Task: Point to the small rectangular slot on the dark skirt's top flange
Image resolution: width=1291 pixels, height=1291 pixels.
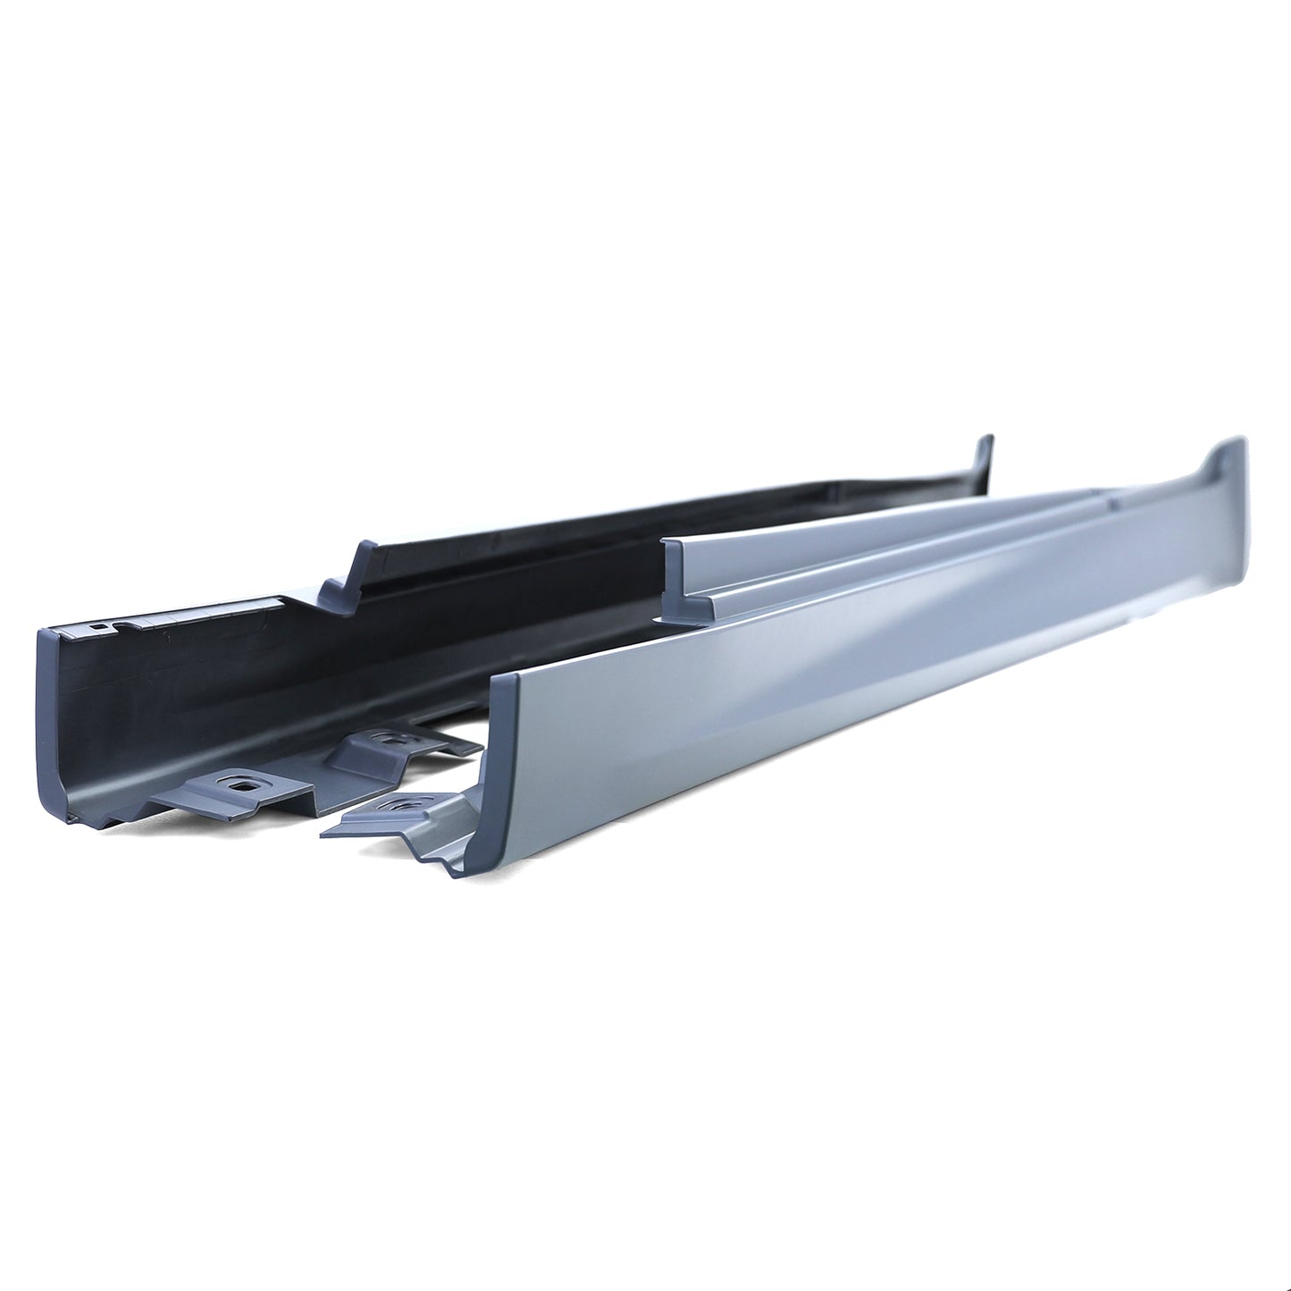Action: [x=96, y=628]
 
